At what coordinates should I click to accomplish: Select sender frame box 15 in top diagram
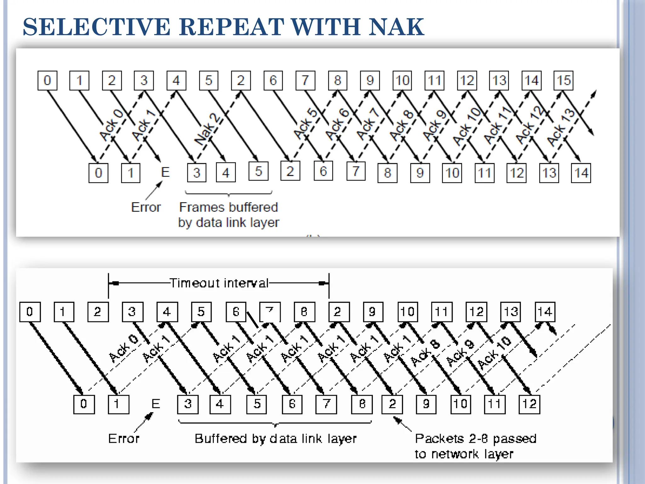click(563, 80)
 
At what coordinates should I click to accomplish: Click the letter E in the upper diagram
click(165, 172)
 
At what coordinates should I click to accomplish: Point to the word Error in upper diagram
click(146, 207)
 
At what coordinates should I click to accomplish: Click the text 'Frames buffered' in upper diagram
click(228, 207)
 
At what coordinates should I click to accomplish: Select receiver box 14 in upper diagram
click(581, 173)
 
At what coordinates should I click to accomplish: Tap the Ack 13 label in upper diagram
click(561, 127)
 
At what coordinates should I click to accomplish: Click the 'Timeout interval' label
click(219, 283)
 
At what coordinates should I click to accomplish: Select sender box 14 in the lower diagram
click(545, 312)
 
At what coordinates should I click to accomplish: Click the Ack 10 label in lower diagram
click(494, 352)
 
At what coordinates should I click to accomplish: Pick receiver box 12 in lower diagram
click(529, 404)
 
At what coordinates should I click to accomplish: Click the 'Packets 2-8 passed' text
click(475, 439)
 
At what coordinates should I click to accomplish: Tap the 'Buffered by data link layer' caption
click(275, 439)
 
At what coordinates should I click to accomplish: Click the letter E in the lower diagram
click(156, 404)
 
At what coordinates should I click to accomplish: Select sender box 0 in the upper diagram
click(47, 80)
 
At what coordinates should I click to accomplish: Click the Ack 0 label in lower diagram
click(123, 348)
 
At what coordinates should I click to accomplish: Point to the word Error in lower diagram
click(123, 439)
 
